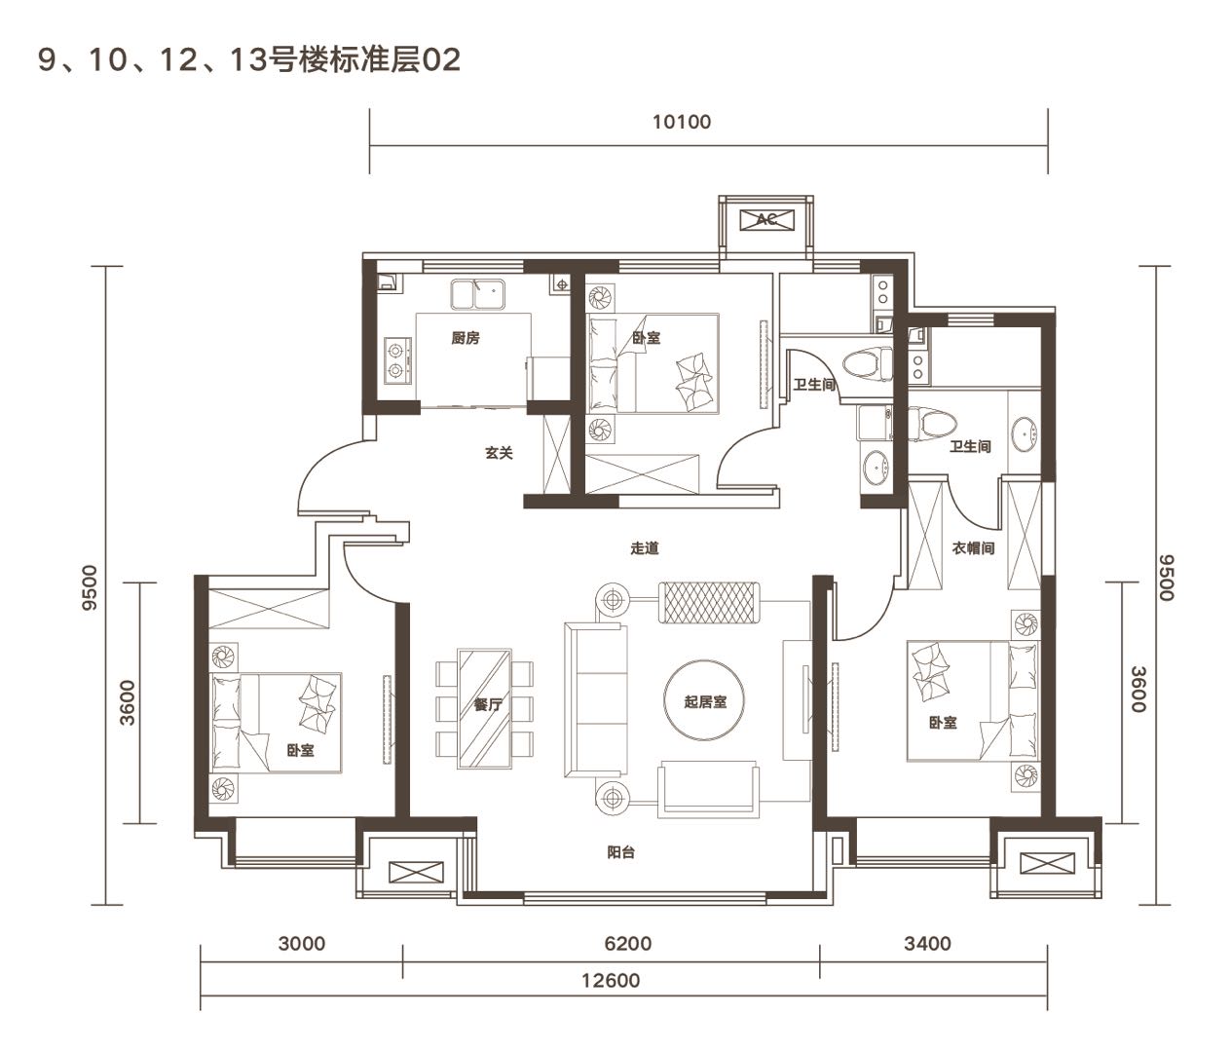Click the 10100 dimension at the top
click(x=682, y=122)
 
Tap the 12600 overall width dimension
click(x=611, y=981)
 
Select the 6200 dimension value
click(x=628, y=944)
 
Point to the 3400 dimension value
click(x=927, y=944)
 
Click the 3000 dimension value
click(x=302, y=944)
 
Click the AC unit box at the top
click(x=766, y=220)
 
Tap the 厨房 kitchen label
click(x=466, y=338)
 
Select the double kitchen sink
click(x=477, y=294)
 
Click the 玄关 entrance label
click(x=499, y=453)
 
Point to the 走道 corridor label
click(x=645, y=548)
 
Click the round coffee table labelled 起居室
click(x=704, y=700)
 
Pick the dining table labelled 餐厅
click(x=484, y=709)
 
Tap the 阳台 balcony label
click(x=620, y=852)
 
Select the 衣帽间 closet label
click(x=973, y=548)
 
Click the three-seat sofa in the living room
click(x=596, y=700)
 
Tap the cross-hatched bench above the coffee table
click(x=709, y=602)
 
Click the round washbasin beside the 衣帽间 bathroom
click(x=1025, y=433)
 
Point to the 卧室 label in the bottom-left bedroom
click(x=300, y=751)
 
